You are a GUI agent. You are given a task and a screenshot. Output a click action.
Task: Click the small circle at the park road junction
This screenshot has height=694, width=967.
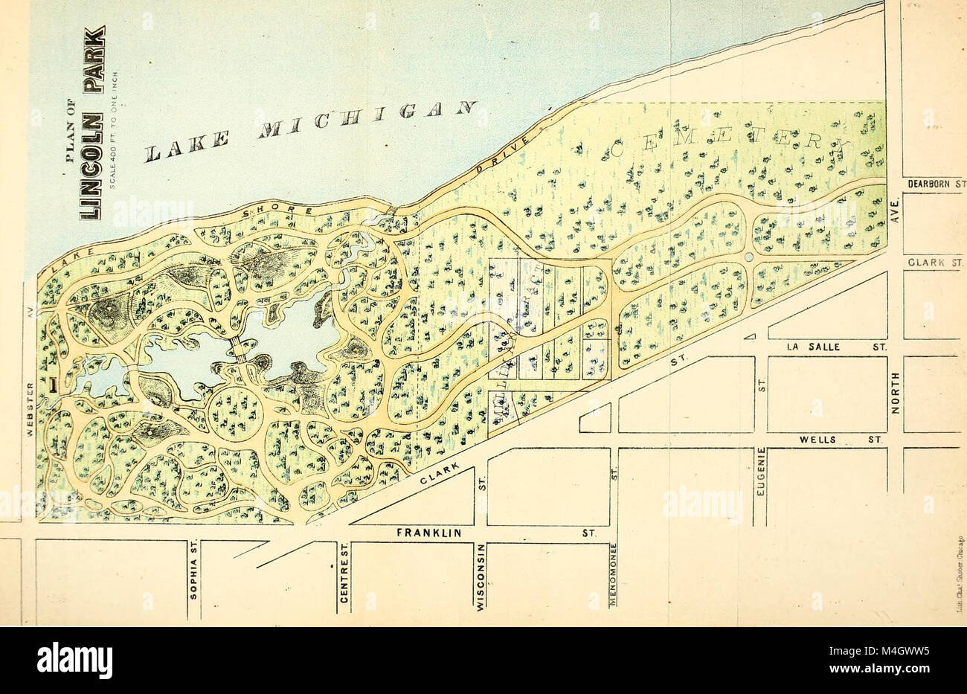tap(748, 257)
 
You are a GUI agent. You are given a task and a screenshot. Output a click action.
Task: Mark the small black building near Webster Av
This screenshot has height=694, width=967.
tap(54, 384)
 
